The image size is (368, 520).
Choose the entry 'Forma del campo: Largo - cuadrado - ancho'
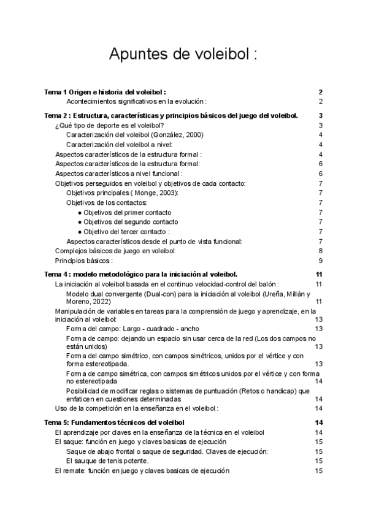click(132, 329)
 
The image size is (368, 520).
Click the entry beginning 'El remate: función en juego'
click(142, 470)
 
